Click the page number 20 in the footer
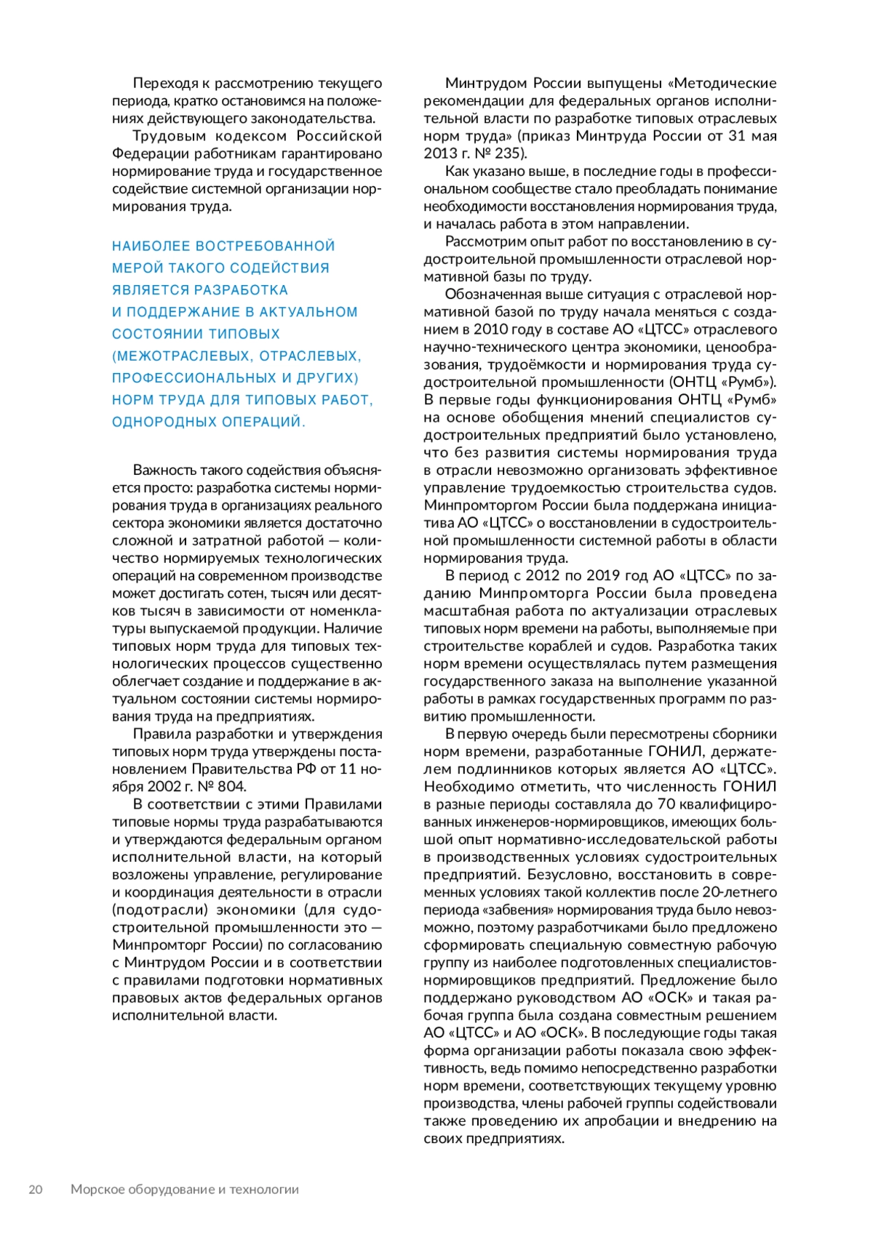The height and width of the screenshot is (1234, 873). [x=36, y=1190]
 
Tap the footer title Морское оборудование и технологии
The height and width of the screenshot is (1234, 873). [x=185, y=1190]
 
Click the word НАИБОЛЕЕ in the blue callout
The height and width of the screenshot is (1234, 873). [x=151, y=247]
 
